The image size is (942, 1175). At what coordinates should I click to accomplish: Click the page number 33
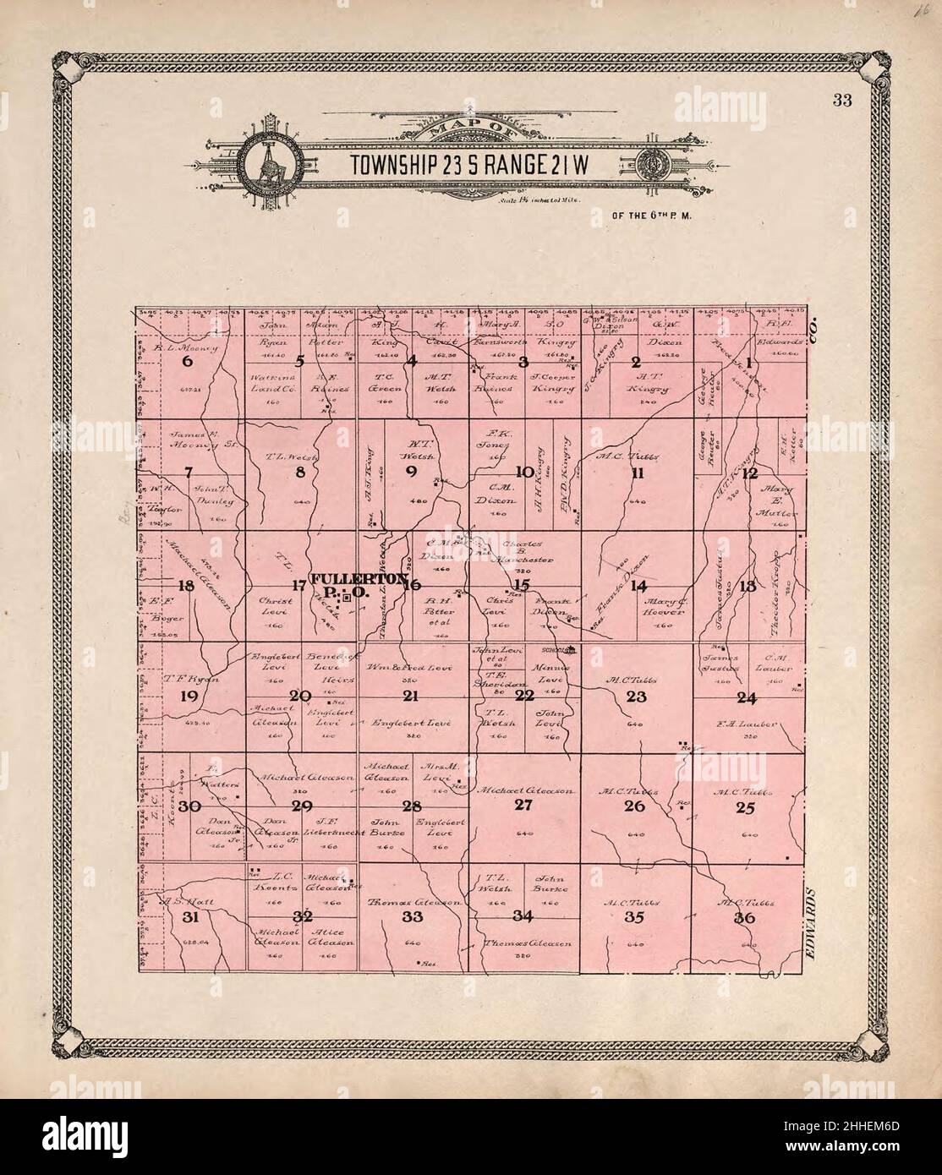[841, 101]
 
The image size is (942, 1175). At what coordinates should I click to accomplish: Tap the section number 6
[188, 362]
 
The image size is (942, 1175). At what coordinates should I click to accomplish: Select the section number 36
[745, 918]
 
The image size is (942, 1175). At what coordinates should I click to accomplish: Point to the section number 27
[524, 806]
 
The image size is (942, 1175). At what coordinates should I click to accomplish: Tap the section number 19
[188, 696]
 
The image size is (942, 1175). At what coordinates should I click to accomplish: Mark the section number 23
[636, 697]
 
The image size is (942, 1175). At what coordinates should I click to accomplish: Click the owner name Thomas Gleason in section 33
[413, 903]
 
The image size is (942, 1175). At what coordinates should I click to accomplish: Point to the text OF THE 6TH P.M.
[652, 215]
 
